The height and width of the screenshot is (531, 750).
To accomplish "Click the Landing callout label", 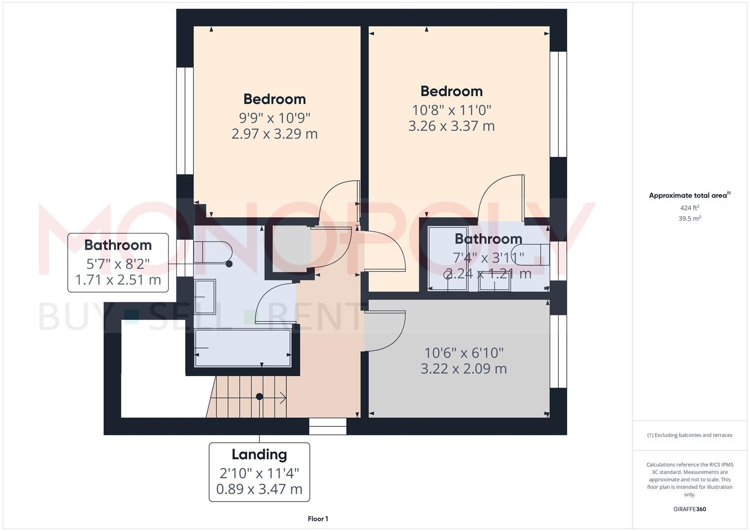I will coord(259,454).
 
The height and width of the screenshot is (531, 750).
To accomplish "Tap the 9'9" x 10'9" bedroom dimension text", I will coord(275,118).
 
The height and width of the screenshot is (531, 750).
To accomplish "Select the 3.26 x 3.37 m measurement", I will coord(451,126).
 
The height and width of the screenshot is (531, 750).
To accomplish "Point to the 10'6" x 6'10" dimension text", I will coord(464,353).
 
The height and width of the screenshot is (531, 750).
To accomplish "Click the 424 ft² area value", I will coord(689,208).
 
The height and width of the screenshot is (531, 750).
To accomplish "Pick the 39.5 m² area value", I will coord(689,219).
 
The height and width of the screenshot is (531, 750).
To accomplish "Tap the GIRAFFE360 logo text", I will coord(689,509).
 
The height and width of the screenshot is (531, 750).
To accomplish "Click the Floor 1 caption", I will coord(318,519).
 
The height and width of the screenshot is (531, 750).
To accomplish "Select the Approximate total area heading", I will coord(689,195).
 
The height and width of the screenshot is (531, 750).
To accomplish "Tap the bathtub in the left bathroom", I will coord(243,348).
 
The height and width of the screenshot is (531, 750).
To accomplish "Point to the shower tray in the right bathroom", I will coord(447,258).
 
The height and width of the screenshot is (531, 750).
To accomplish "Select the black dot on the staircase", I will coord(259,396).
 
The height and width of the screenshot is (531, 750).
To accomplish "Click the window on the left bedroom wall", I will coord(185,120).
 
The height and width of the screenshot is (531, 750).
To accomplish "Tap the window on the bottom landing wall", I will coord(328,426).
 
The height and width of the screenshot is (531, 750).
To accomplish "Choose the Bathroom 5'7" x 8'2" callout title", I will coord(118,245).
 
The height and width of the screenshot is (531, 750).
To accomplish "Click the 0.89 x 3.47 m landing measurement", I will coord(259,489).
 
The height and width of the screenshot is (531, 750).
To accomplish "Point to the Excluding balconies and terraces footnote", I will coord(689,435).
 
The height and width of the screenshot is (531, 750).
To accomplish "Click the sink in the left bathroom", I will coord(205,297).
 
